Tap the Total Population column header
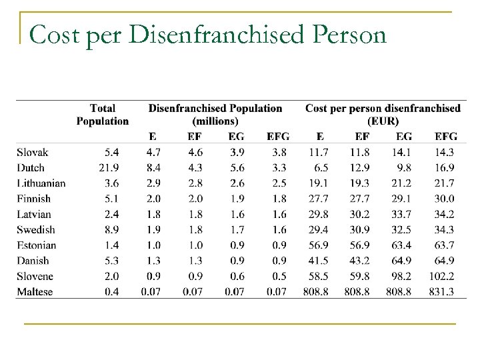[x=102, y=114]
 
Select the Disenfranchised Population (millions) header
[x=215, y=114]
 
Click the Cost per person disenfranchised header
[x=383, y=114]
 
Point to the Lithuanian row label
[x=41, y=183]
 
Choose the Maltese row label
[x=34, y=291]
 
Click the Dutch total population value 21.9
[x=109, y=168]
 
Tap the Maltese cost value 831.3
[x=443, y=291]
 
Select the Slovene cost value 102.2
[x=443, y=276]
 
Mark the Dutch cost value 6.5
[x=319, y=168]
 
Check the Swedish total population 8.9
[x=112, y=229]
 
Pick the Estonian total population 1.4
[x=112, y=245]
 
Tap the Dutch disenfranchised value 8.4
[x=153, y=168]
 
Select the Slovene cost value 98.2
[x=402, y=276]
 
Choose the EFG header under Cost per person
[x=445, y=137]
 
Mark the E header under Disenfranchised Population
[x=153, y=137]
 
